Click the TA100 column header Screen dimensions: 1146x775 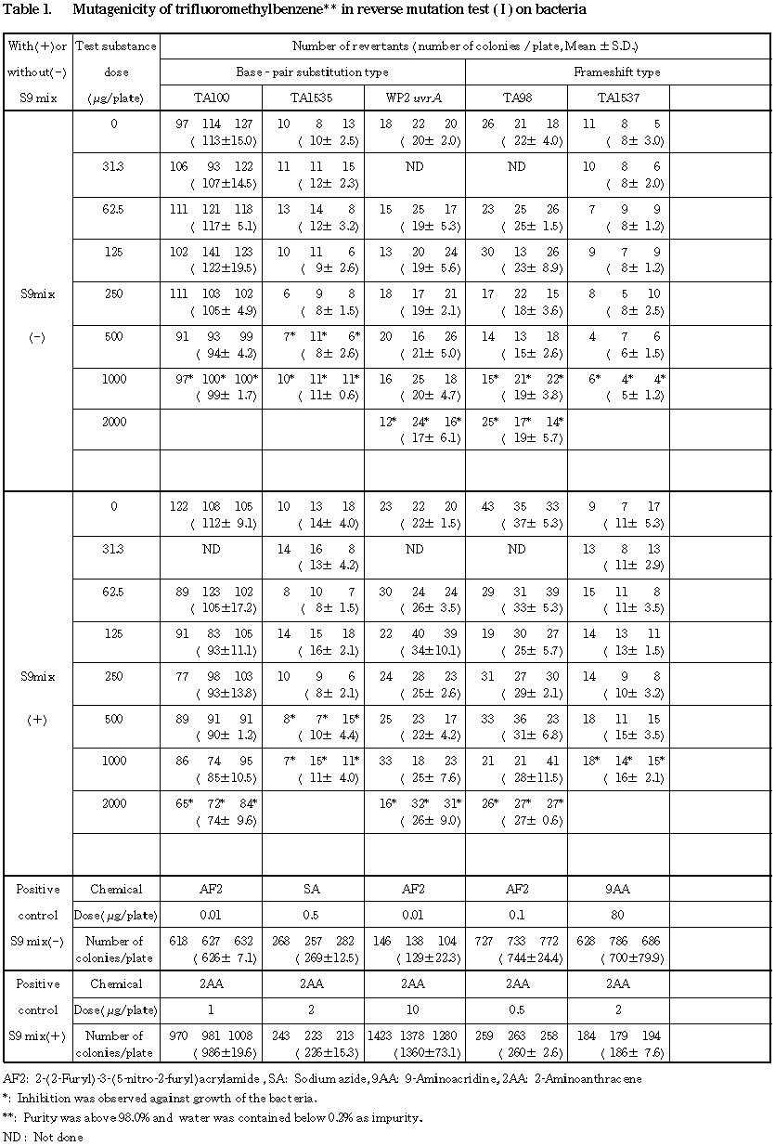[211, 98]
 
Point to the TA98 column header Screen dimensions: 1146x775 [516, 98]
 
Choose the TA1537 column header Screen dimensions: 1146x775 [617, 98]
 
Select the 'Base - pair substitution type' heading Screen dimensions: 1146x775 [312, 72]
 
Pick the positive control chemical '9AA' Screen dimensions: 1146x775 [617, 889]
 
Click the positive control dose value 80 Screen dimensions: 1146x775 [617, 916]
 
